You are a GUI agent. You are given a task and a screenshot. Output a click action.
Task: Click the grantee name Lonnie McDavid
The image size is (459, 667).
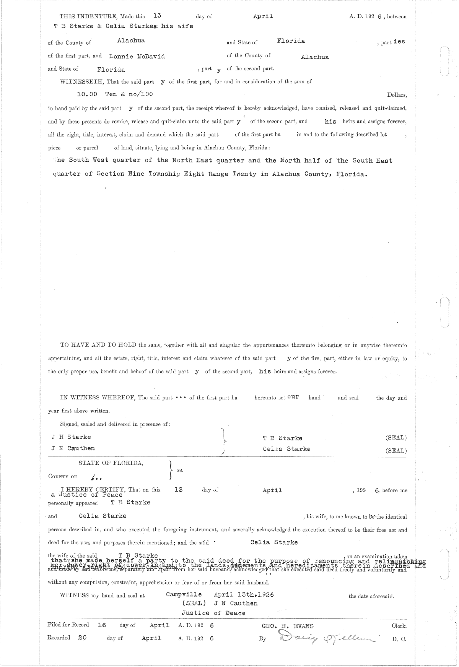tap(137, 56)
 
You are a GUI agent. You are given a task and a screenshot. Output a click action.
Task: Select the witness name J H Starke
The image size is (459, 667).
tap(72, 437)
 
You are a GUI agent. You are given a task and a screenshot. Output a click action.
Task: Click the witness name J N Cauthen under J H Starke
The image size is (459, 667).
tap(73, 448)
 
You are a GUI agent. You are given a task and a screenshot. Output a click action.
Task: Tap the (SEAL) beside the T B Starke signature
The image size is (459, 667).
tap(396, 438)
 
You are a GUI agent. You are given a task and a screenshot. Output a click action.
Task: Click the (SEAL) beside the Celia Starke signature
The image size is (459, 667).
tap(396, 451)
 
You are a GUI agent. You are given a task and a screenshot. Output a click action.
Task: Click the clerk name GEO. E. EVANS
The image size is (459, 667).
tap(287, 626)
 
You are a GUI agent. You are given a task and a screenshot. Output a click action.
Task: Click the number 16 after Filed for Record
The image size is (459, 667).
tap(102, 625)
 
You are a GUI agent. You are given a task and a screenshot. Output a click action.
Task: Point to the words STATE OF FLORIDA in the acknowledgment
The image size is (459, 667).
tap(111, 463)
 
